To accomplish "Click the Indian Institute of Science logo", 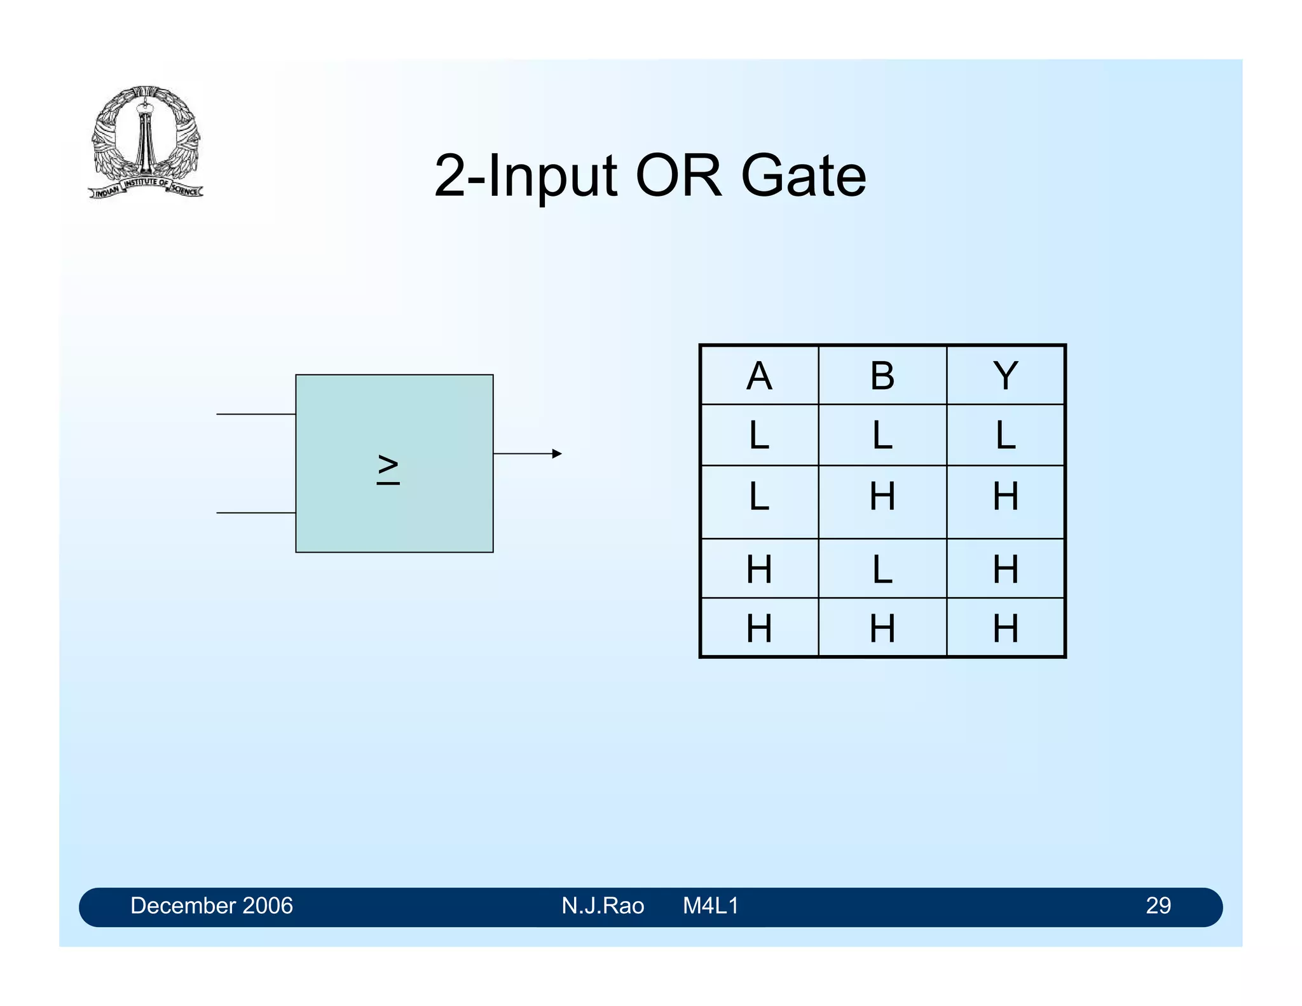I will point(146,142).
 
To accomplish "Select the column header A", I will point(759,376).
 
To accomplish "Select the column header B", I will point(882,376).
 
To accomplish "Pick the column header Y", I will point(1005,376).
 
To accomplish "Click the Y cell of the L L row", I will point(1005,436).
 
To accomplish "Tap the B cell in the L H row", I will point(882,497).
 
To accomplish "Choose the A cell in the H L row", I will point(759,569).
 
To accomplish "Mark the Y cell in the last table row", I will point(1005,628).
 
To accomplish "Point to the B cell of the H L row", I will point(882,569).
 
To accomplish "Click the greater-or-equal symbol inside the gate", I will point(388,470).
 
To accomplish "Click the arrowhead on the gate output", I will point(557,453).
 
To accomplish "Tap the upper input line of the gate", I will point(256,414).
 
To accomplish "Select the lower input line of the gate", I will point(256,513).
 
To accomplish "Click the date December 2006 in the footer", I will point(211,906).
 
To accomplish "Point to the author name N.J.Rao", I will point(602,906).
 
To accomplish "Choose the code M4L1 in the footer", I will point(710,906).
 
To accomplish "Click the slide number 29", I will point(1158,906).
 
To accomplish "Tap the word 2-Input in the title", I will point(525,177).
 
